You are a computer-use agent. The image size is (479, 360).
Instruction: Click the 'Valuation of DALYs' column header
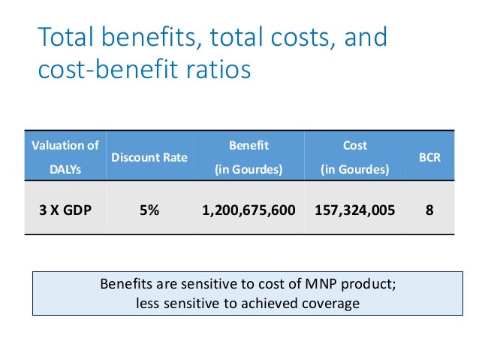(65, 157)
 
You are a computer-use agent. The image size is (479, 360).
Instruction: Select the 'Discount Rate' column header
(149, 158)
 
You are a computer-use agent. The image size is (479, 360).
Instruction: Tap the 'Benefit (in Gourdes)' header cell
(249, 157)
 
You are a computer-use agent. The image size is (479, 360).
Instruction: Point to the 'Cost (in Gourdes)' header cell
(354, 157)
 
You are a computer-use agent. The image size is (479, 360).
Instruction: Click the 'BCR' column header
(429, 158)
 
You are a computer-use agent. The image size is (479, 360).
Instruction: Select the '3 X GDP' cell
(65, 210)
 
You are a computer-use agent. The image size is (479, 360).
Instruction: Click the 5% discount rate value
(149, 210)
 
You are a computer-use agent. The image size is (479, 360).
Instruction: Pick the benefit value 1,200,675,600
(249, 210)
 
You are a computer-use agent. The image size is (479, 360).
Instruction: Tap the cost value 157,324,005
(354, 210)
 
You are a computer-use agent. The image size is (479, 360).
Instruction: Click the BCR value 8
(429, 210)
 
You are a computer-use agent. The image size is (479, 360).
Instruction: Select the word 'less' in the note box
(149, 303)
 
